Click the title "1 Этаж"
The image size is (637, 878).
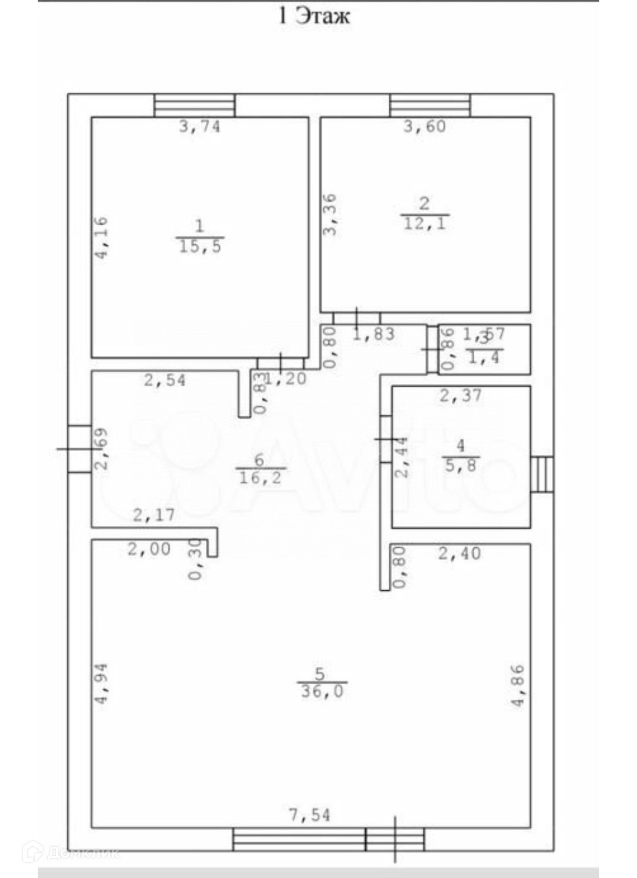pos(314,15)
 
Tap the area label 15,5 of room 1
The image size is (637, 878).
pos(200,246)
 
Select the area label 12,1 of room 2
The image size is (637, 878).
pos(425,223)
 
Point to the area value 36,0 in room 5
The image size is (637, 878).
pos(322,691)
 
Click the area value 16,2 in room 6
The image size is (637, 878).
pos(260,478)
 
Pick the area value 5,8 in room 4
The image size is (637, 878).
pos(461,466)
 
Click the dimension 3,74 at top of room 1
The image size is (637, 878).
pos(199,126)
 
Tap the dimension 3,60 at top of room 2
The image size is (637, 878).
pos(425,126)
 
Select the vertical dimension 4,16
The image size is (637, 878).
pos(101,238)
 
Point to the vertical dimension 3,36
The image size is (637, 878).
pos(330,215)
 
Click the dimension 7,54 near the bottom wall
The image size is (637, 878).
pos(309,815)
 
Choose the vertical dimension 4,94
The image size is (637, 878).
pos(101,683)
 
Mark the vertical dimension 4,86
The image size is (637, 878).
pos(517,685)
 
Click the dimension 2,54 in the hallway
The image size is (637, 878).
pos(165,380)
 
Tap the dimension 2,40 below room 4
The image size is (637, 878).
pos(459,553)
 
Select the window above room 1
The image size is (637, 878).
pos(195,106)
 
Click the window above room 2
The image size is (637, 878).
pos(430,106)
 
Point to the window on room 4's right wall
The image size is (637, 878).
pos(542,474)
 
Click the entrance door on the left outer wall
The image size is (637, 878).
pos(79,449)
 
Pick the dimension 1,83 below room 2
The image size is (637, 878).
pos(373,334)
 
